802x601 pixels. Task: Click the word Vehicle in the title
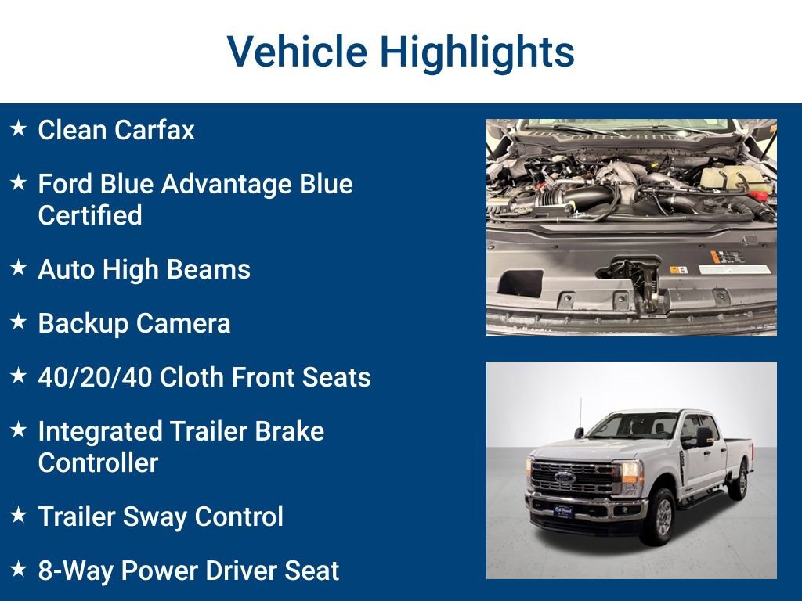[297, 52]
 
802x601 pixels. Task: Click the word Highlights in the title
[477, 53]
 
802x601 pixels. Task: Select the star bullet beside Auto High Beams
[19, 268]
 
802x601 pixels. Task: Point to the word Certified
[90, 216]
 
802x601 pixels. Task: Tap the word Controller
[98, 462]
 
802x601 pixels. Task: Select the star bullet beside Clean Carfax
[19, 128]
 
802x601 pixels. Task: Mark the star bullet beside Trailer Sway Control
[19, 515]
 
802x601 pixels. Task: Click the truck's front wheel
[659, 516]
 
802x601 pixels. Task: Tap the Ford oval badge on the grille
[565, 477]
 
